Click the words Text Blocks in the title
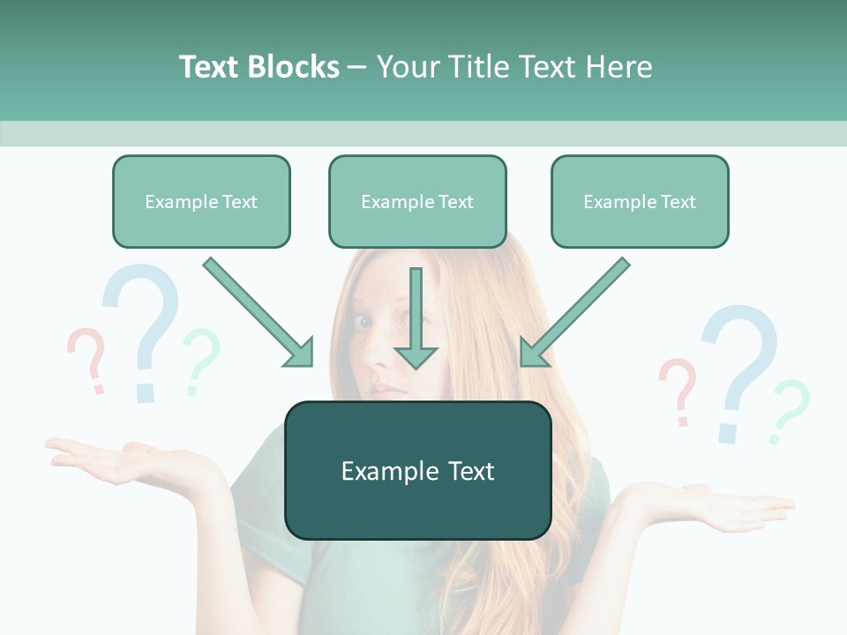click(x=259, y=67)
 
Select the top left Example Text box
click(x=201, y=202)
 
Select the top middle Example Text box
click(x=417, y=202)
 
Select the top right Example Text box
click(x=640, y=202)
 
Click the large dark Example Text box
click(x=417, y=471)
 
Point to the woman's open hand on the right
click(x=723, y=506)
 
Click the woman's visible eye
click(x=364, y=321)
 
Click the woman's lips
click(x=386, y=389)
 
